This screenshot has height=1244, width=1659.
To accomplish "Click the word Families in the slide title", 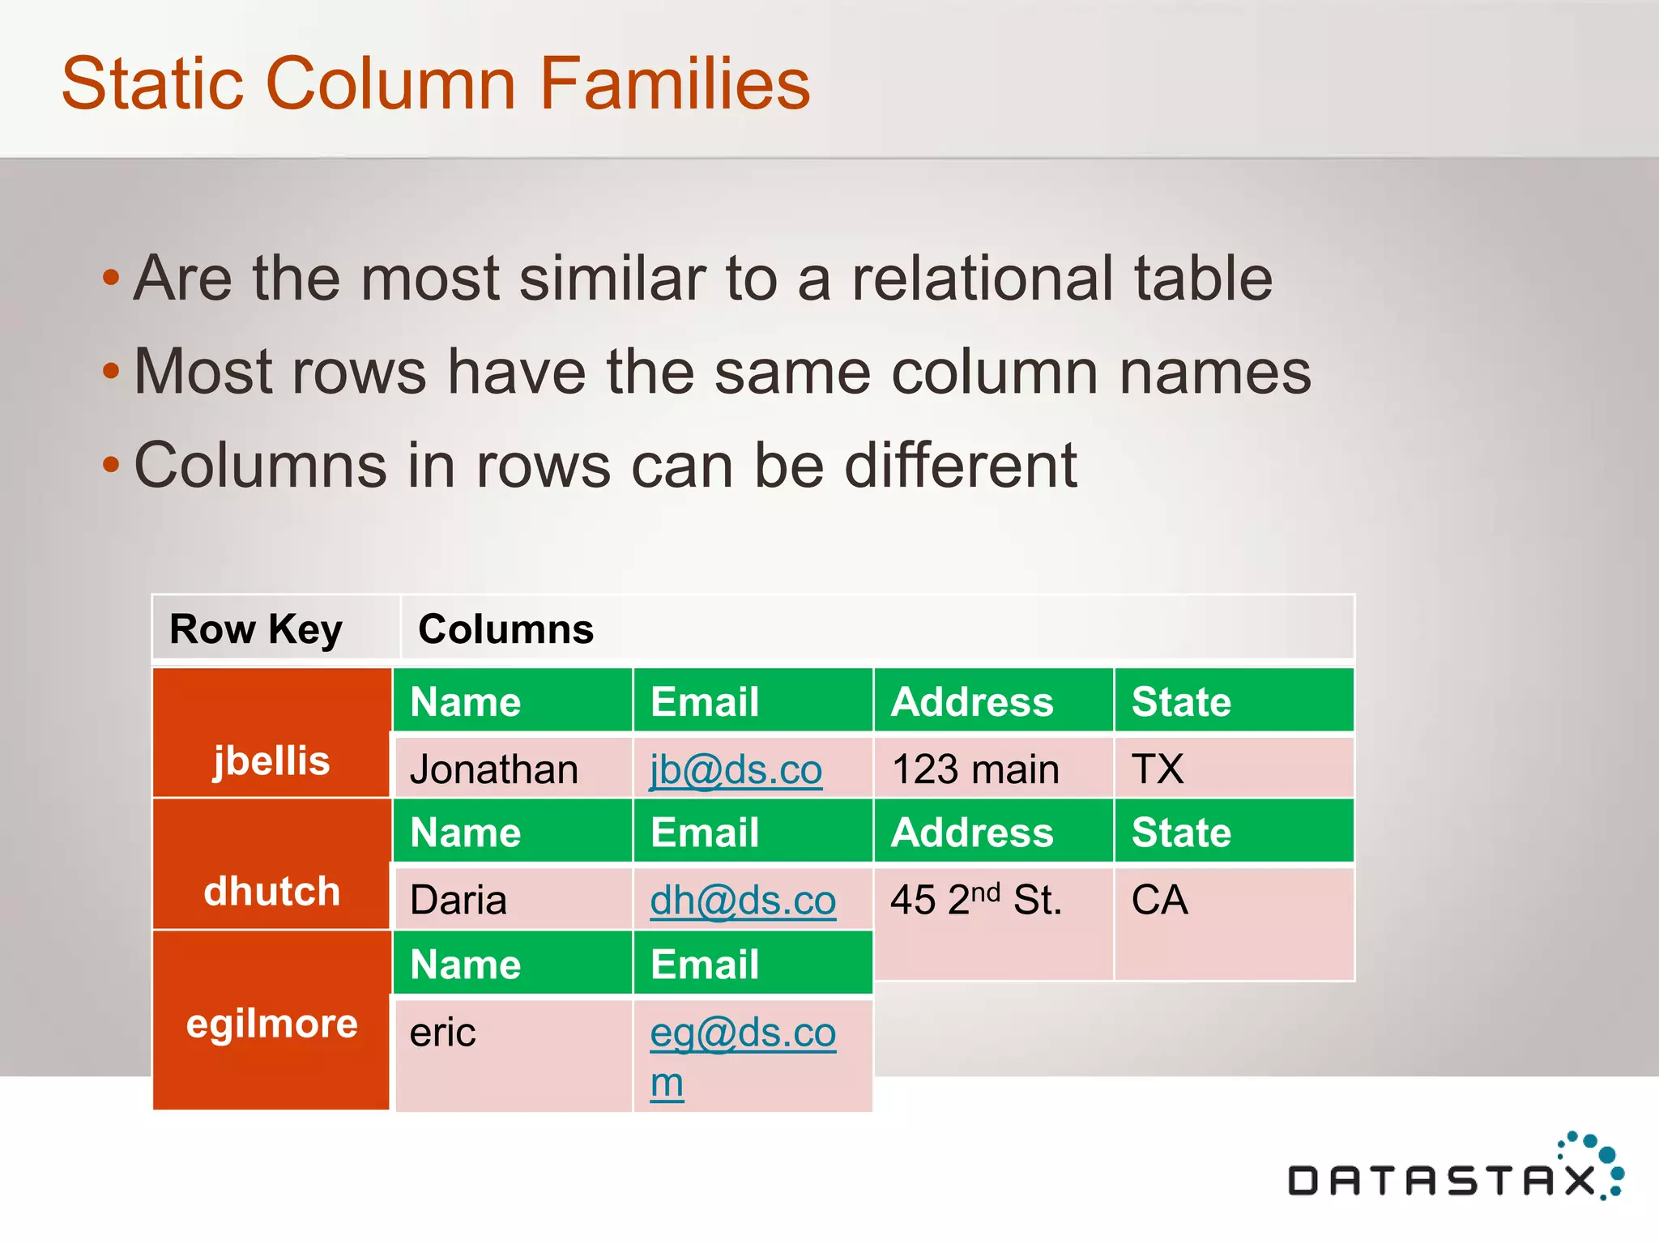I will [x=675, y=83].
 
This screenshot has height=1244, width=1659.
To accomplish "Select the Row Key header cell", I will [x=256, y=629].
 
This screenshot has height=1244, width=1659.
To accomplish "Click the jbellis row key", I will [x=271, y=760].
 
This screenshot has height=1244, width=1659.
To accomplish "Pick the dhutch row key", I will [x=271, y=891].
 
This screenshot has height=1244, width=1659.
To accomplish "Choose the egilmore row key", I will [x=271, y=1023].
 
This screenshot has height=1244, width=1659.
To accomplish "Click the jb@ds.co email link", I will [x=736, y=769].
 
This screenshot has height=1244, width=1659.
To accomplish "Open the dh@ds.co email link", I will [x=742, y=901].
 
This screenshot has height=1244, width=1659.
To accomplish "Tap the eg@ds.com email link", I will [x=742, y=1033].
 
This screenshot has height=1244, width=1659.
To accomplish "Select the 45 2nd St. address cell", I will [x=975, y=901].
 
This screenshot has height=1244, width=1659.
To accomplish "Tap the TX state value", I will [x=1158, y=769].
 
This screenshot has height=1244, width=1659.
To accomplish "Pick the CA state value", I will [x=1159, y=901].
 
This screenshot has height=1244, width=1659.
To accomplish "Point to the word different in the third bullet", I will [x=961, y=466].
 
